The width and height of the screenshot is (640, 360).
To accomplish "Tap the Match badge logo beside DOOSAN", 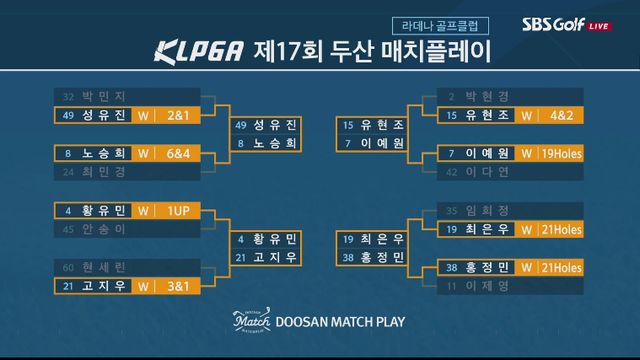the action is click(x=252, y=322).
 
